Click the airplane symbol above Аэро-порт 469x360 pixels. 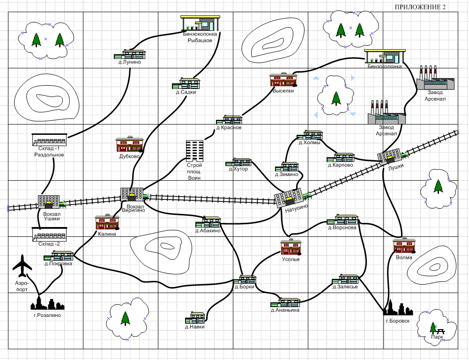click(22, 266)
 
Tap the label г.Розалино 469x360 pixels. click(47, 315)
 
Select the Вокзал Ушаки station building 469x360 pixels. click(48, 202)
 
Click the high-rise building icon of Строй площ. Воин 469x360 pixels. click(195, 150)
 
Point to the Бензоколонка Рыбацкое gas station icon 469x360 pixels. click(200, 24)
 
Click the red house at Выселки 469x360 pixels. click(283, 80)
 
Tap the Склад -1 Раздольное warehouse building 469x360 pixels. click(49, 140)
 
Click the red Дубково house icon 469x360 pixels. click(130, 145)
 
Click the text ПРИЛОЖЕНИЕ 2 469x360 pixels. click(420, 7)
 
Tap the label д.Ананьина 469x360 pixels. click(285, 310)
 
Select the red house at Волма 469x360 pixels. click(404, 246)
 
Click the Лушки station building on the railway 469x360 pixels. click(389, 157)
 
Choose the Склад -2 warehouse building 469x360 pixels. click(49, 234)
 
